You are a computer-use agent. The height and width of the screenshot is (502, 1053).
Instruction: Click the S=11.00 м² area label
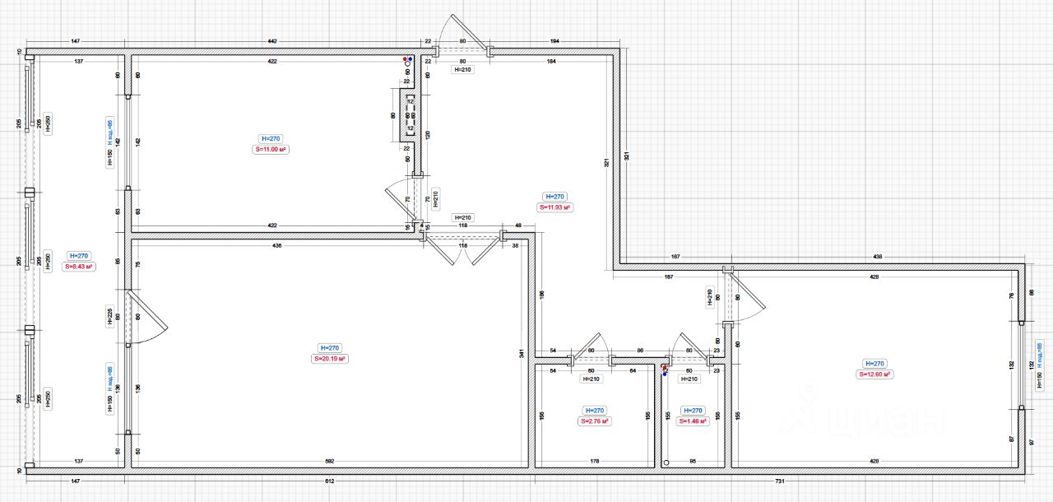click(271, 150)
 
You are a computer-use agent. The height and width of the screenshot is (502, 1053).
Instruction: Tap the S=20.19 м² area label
click(329, 359)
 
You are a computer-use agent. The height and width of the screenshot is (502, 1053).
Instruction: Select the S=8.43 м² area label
click(80, 267)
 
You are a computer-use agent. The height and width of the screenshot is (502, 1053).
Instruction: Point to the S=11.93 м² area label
click(554, 207)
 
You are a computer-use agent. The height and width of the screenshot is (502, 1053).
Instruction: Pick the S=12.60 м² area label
click(874, 374)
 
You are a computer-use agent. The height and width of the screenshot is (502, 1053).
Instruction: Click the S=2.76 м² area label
click(594, 421)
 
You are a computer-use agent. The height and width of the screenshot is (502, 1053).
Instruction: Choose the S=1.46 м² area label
click(693, 421)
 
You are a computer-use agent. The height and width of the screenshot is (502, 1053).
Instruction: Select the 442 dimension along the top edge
click(272, 41)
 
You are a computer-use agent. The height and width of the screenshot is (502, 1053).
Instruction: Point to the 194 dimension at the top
click(554, 41)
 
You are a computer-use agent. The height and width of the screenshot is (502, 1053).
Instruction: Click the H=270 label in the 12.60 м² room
click(874, 363)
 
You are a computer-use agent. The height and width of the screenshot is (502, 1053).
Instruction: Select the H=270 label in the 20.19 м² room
click(329, 348)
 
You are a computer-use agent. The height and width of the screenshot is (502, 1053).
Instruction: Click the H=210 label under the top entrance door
click(462, 71)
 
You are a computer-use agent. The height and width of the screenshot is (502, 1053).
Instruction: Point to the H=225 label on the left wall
click(109, 316)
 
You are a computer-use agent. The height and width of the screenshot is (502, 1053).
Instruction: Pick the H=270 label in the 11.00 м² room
click(271, 138)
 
